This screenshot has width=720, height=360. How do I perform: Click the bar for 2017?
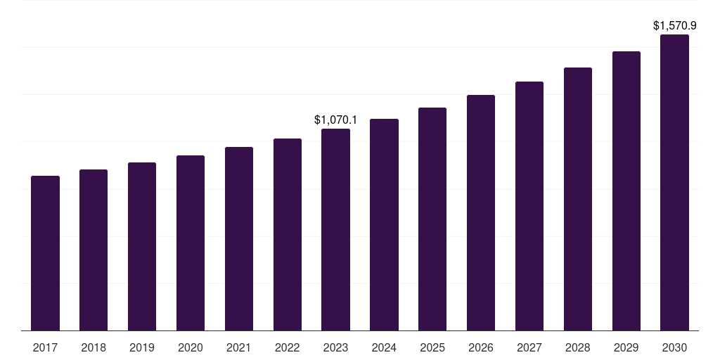click(45, 253)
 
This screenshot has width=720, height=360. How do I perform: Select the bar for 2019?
click(142, 246)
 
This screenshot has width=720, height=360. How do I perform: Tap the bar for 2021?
click(239, 238)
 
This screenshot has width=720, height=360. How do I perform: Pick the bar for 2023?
click(335, 229)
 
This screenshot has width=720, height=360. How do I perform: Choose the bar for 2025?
click(432, 219)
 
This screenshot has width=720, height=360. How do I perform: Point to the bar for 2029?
click(626, 191)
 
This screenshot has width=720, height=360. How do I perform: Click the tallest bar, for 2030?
click(674, 182)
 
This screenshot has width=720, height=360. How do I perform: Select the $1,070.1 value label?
click(335, 120)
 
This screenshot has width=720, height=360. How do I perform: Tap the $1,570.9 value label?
click(674, 26)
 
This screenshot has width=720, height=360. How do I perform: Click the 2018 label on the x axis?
click(94, 347)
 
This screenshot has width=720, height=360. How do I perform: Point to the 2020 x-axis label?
click(191, 347)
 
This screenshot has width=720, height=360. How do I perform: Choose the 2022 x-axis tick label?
click(288, 347)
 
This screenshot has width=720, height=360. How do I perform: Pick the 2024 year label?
click(384, 347)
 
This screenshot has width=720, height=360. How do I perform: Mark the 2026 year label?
click(481, 347)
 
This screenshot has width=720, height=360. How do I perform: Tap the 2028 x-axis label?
click(578, 347)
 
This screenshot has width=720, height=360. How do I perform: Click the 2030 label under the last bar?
click(674, 347)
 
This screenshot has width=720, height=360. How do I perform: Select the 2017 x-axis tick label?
click(45, 347)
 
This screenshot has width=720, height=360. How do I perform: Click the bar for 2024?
click(384, 224)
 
